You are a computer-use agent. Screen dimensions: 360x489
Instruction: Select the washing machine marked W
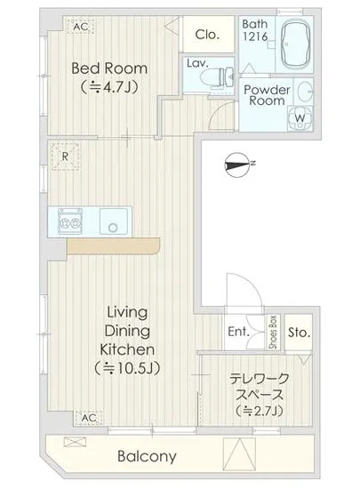[300, 118]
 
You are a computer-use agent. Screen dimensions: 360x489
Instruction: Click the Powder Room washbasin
[304, 92]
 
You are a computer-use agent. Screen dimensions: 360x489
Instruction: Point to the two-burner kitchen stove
[70, 221]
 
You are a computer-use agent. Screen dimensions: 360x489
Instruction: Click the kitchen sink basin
[114, 221]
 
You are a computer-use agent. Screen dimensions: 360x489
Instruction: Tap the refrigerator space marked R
[65, 156]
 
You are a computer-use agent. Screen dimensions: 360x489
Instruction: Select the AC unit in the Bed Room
[81, 26]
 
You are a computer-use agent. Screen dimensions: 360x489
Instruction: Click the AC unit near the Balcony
[88, 418]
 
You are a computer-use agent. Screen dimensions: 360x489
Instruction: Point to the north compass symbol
[237, 164]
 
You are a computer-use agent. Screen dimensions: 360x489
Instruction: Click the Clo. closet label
[207, 35]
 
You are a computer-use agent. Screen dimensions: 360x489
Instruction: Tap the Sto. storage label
[299, 333]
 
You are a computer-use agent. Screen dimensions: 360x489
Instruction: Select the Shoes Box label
[273, 333]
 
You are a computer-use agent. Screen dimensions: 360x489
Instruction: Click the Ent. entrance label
[239, 332]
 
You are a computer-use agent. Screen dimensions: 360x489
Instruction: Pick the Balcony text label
[148, 457]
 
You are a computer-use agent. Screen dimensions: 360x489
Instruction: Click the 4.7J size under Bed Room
[108, 88]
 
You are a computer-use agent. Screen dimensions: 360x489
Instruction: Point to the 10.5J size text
[127, 368]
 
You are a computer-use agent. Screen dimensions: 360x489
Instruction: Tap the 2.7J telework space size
[260, 411]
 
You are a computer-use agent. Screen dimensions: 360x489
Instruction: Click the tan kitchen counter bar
[114, 246]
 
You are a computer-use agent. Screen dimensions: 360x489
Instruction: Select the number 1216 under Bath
[255, 36]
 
